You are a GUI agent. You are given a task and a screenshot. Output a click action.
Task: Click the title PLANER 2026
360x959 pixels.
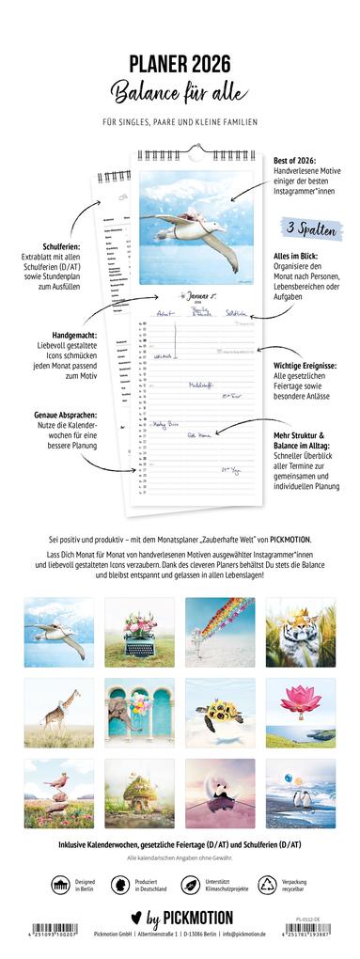[x=180, y=63]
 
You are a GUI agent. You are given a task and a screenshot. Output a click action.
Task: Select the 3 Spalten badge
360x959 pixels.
[x=306, y=229]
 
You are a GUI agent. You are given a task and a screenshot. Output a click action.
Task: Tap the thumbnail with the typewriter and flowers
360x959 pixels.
[x=139, y=631]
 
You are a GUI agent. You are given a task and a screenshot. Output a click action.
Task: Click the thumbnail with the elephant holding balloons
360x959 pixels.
[x=139, y=713]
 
